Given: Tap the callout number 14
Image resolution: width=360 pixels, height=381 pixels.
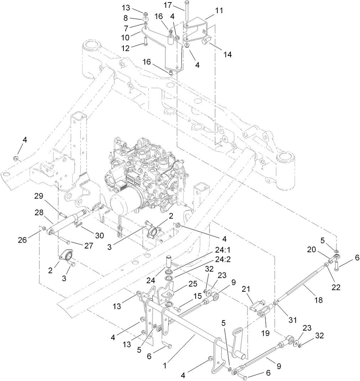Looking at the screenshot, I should pyautogui.click(x=227, y=54).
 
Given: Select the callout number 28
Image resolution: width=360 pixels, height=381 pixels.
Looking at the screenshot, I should pyautogui.click(x=39, y=212).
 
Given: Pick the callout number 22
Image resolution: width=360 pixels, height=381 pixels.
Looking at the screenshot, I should pyautogui.click(x=335, y=287).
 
